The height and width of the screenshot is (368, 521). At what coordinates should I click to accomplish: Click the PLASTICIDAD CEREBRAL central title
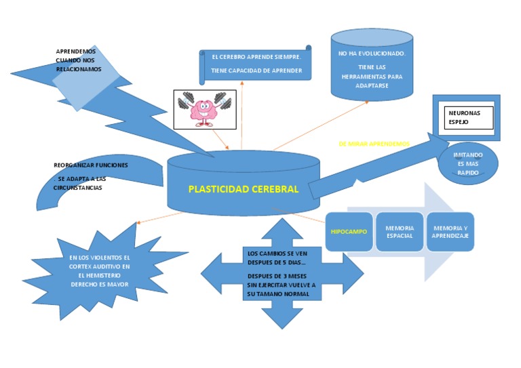(x=243, y=189)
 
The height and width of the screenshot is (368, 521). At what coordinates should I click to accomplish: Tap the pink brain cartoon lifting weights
(x=203, y=109)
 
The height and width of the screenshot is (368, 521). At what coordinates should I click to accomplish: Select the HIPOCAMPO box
(x=349, y=232)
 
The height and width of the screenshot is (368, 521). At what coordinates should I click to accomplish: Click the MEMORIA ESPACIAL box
(x=399, y=232)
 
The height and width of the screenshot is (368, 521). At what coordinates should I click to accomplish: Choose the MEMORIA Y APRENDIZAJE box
(x=450, y=232)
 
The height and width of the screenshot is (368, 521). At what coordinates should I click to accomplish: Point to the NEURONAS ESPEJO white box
(x=468, y=117)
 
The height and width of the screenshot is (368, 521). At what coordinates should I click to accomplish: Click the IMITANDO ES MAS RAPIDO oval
(x=468, y=164)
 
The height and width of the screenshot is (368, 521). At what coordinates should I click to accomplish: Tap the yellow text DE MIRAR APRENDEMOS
(x=374, y=144)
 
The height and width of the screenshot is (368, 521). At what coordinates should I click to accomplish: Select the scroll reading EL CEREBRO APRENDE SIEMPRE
(x=255, y=58)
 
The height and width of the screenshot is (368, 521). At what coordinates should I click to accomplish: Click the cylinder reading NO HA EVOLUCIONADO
(x=371, y=53)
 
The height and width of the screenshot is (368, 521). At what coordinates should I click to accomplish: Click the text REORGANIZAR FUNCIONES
(x=90, y=165)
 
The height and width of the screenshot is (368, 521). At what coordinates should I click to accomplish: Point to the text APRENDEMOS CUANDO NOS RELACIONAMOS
(x=78, y=60)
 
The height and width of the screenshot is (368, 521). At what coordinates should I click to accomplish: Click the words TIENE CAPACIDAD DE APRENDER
(x=256, y=70)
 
